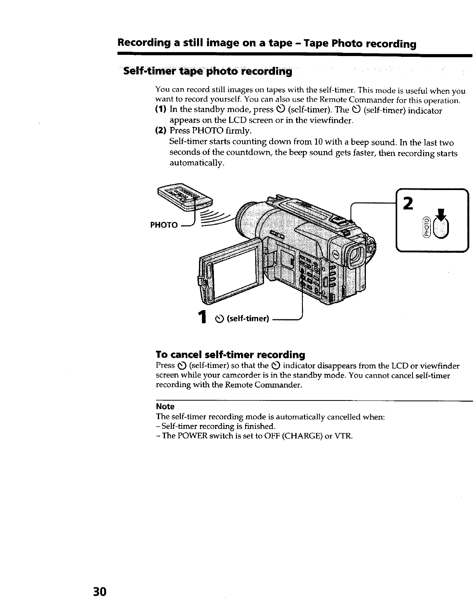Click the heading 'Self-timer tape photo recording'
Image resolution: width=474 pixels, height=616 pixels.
[208, 72]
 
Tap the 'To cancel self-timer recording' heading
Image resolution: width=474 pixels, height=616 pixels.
[230, 355]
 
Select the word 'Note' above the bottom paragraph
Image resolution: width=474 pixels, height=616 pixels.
[165, 406]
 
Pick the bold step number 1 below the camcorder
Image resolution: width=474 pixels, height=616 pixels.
[202, 317]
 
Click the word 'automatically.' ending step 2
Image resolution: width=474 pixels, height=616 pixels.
[197, 163]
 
